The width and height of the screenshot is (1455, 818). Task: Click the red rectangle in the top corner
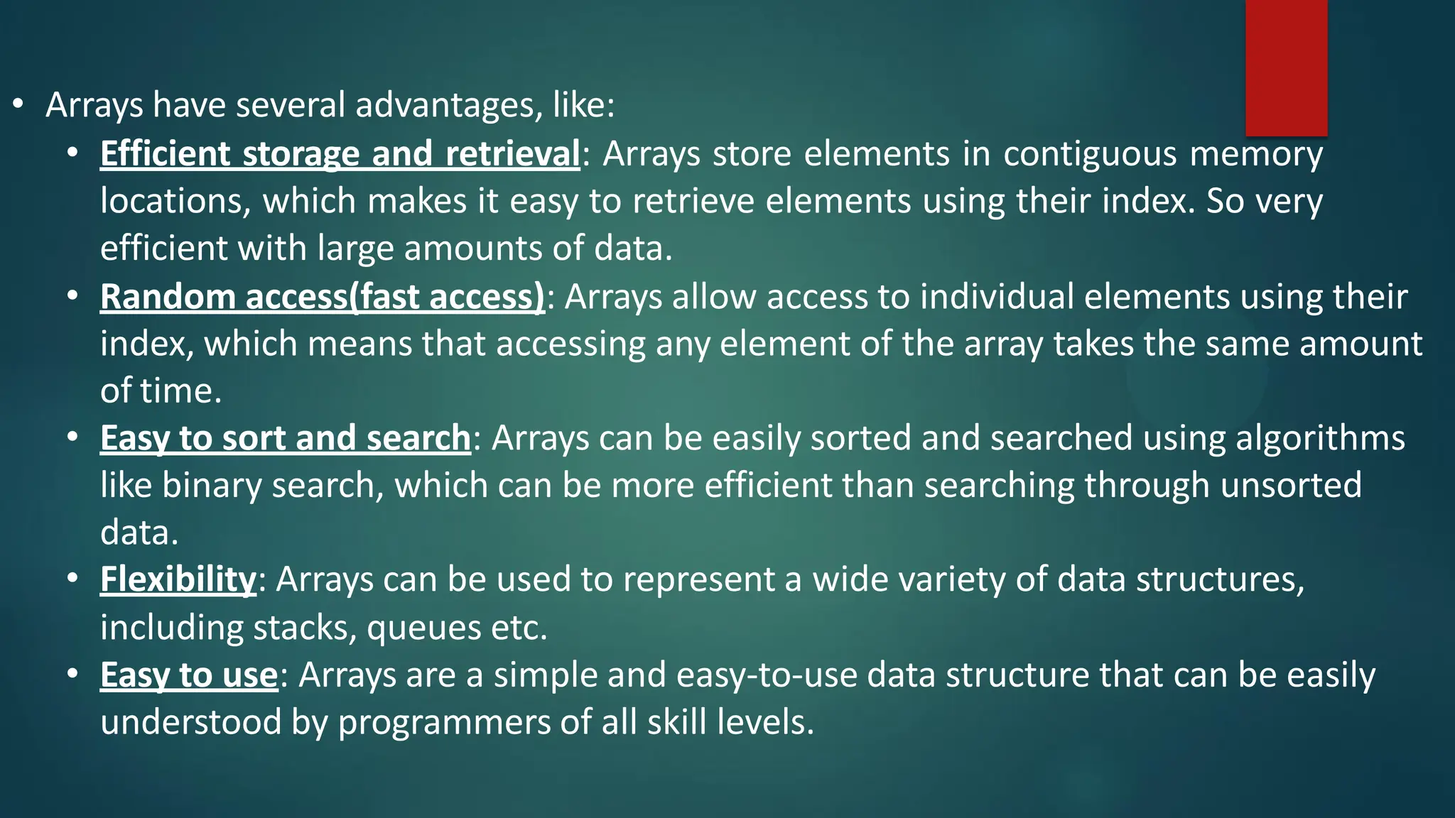tap(1286, 67)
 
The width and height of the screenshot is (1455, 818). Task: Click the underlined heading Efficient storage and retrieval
tap(340, 154)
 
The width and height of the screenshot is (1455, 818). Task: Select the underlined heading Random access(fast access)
tap(322, 297)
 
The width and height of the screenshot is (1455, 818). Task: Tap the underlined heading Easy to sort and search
tap(285, 438)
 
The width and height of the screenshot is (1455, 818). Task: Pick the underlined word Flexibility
tap(178, 579)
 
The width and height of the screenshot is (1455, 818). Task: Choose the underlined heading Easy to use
tap(188, 675)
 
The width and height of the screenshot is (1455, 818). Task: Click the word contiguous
tap(1090, 154)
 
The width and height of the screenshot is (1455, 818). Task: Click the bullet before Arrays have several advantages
tap(18, 105)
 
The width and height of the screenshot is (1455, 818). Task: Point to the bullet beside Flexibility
tap(72, 579)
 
